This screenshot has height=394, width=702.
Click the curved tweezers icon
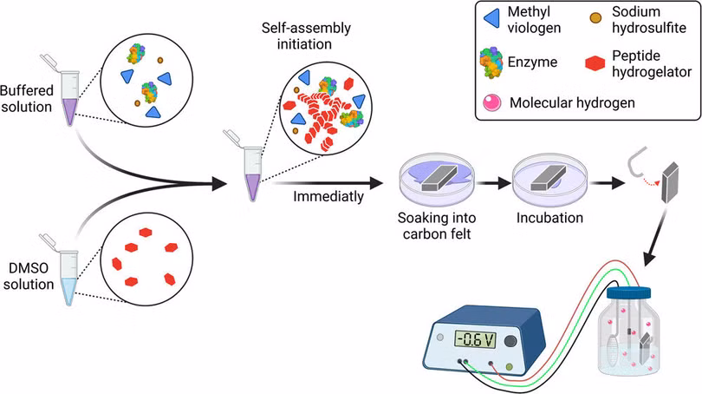tap(638, 162)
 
